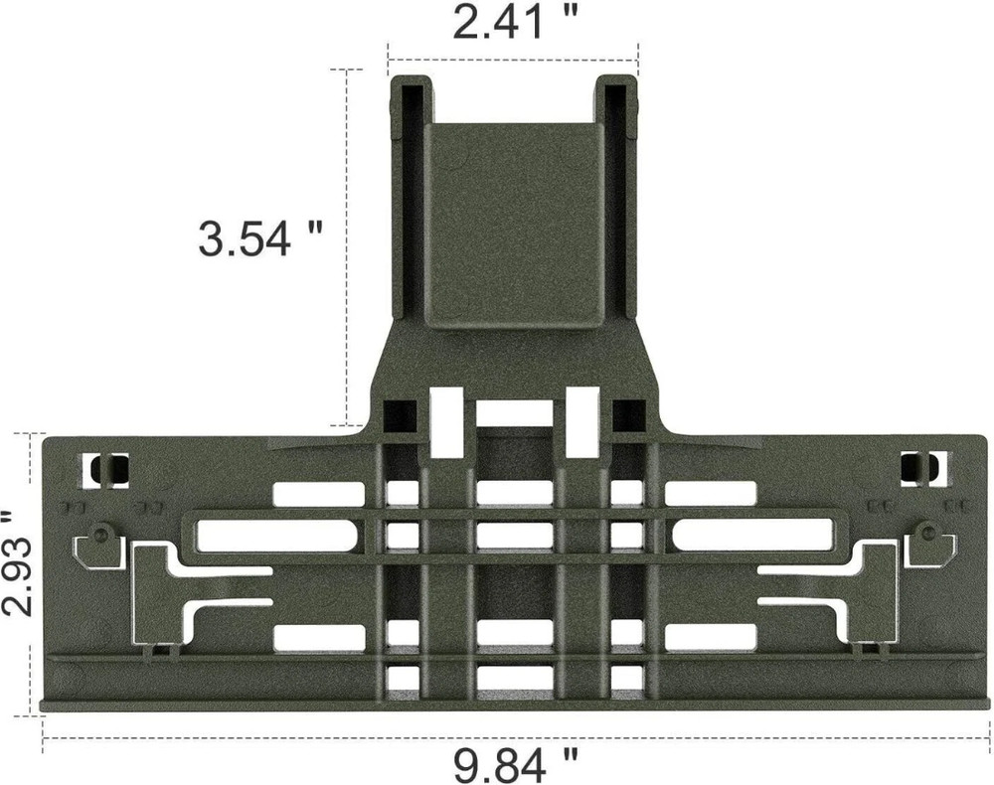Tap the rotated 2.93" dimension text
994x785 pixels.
pos(17,564)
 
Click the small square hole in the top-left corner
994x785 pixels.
pos(105,469)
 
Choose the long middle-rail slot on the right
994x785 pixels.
pos(751,536)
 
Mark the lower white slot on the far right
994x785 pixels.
pos(710,636)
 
